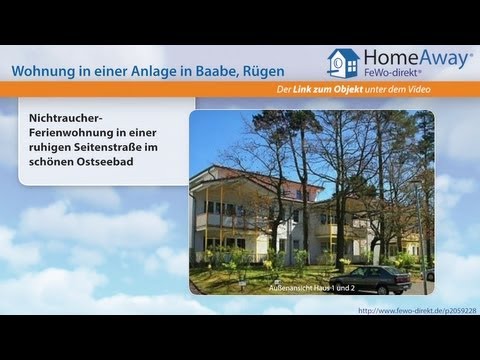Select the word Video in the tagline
pos(456,91)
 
